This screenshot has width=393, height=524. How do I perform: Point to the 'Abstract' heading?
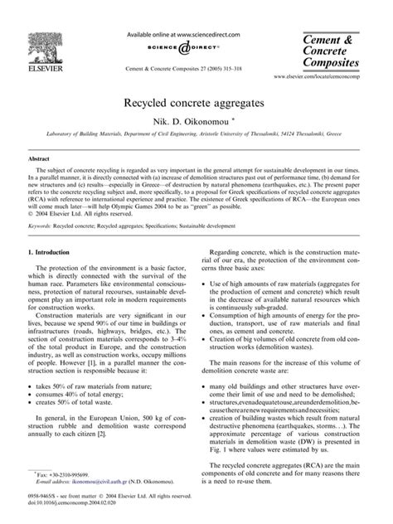point(40,158)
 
